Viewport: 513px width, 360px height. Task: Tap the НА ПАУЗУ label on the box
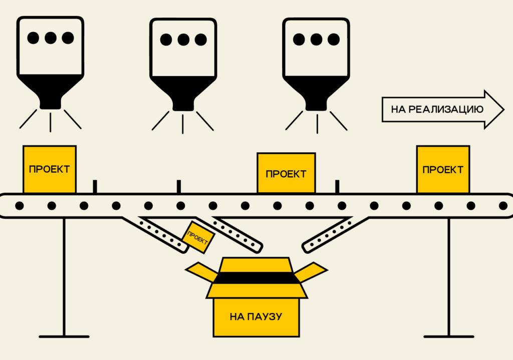tap(255, 316)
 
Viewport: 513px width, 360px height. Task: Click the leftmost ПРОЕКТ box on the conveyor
tap(49, 169)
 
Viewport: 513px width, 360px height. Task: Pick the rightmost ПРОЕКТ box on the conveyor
tap(443, 169)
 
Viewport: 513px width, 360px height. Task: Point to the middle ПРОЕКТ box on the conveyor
tap(286, 174)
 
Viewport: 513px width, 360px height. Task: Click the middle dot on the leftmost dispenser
tap(50, 38)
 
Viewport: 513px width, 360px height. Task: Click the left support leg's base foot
tap(64, 336)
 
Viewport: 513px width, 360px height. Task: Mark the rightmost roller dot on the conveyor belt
tap(503, 205)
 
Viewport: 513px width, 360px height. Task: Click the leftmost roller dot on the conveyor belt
tap(20, 205)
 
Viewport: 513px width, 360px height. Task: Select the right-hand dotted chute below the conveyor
tap(333, 234)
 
